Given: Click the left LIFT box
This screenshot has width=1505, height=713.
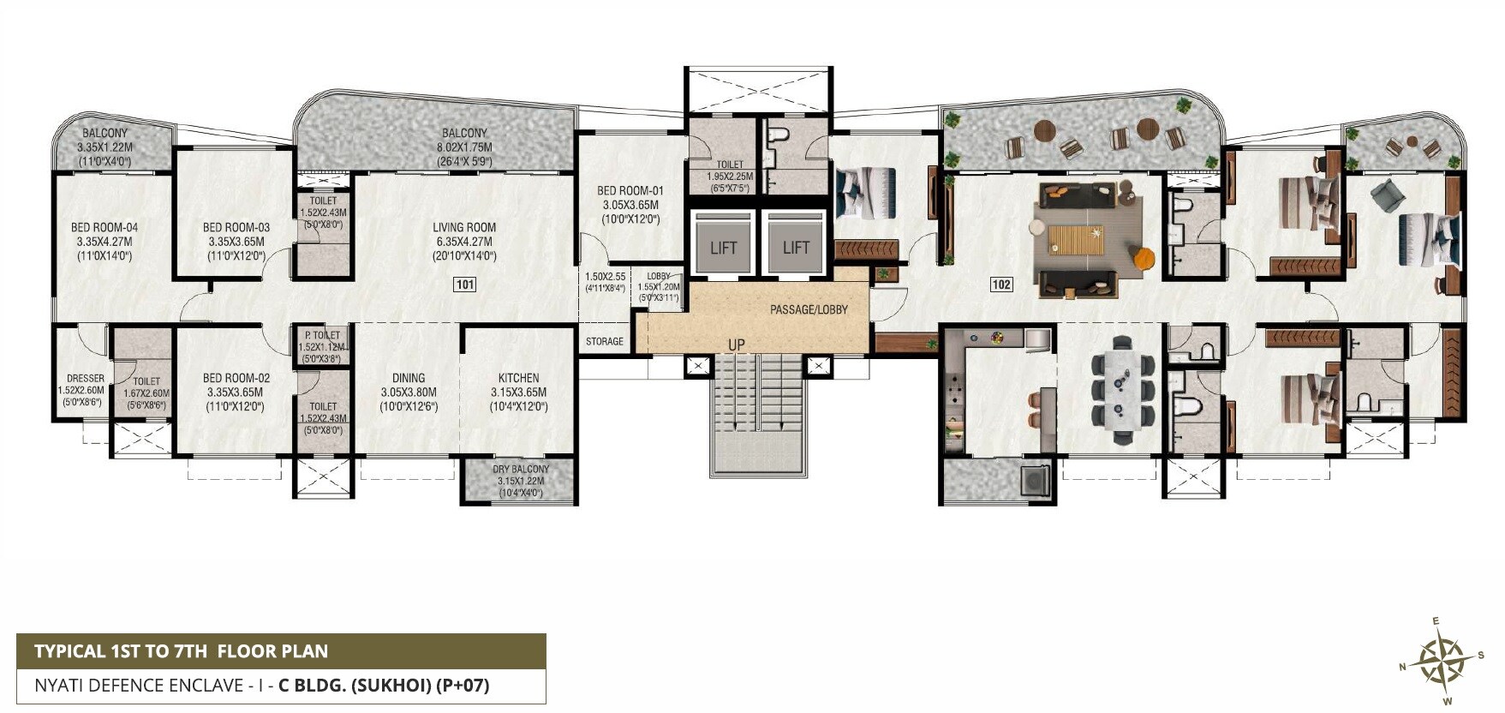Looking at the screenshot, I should coord(723,247).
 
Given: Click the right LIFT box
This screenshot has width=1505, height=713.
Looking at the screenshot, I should coord(796,247).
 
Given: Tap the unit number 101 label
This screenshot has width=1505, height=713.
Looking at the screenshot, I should coord(464,285).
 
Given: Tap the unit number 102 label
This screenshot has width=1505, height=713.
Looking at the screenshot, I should coord(1000,285).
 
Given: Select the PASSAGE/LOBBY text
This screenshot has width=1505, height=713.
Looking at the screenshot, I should coord(809,309).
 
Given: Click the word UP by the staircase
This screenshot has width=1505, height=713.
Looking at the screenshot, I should coord(736,345).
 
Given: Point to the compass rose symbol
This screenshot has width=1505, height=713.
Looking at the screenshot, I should coord(1441,661).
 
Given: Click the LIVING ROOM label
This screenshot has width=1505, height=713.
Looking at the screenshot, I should coord(464,228).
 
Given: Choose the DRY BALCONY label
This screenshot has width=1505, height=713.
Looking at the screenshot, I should coord(521,469).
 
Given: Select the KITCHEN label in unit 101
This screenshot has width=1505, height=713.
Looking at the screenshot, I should coord(519,378).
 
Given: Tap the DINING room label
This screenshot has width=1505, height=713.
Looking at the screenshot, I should coord(409,378).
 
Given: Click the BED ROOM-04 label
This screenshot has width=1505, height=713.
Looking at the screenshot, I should coord(105,228).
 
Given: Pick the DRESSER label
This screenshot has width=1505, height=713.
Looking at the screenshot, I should coord(86,379).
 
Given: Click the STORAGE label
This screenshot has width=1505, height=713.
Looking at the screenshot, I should coord(605,341).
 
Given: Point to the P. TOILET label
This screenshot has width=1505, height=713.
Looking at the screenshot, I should coord(323,335).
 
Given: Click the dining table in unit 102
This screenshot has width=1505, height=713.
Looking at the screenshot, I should coord(1122,391).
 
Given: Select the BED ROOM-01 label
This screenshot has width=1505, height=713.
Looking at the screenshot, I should coord(630,191).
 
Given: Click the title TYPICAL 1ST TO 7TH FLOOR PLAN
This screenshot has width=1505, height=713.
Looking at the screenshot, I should coord(181,651).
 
